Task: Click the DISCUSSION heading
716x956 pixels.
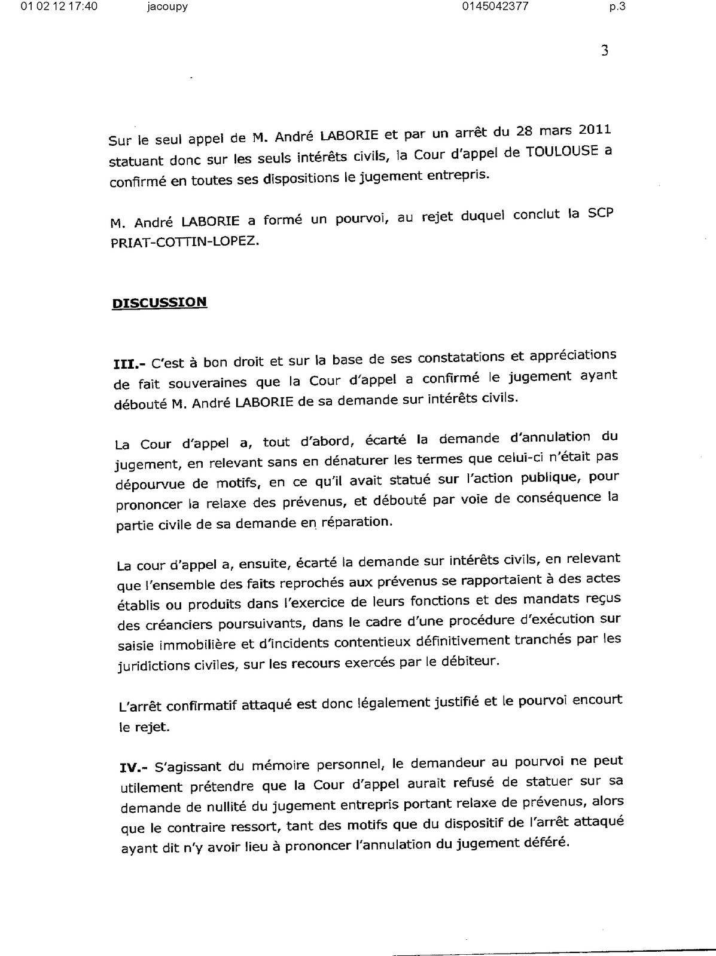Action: [x=160, y=302]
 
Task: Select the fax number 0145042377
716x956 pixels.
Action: [x=495, y=7]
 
